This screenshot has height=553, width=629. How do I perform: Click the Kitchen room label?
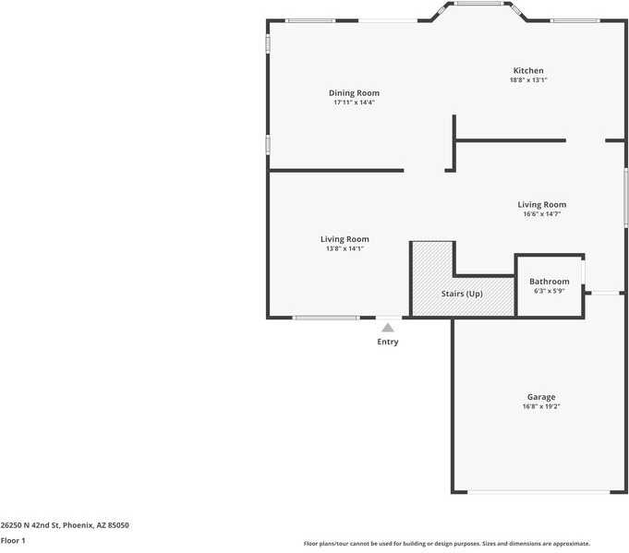(528, 70)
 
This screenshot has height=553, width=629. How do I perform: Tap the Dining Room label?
(354, 92)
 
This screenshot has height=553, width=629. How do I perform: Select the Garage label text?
(541, 397)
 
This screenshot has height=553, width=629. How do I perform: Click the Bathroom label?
(549, 282)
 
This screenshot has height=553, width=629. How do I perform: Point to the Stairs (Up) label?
(461, 294)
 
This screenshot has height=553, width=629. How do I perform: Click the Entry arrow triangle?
(388, 327)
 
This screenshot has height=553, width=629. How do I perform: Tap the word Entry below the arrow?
(388, 343)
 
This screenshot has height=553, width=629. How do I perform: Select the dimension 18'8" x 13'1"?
(528, 80)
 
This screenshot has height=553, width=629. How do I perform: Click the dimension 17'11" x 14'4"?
(354, 102)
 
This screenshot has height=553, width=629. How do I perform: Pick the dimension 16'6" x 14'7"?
(541, 214)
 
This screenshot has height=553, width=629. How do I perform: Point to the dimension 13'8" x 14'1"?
(345, 248)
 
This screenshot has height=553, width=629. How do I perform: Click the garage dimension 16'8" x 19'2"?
(541, 406)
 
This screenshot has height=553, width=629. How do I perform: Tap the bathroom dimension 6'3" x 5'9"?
(549, 291)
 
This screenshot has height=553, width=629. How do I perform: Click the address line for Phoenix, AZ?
(65, 524)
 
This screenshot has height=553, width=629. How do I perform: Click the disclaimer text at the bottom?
(447, 544)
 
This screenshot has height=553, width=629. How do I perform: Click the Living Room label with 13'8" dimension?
(345, 239)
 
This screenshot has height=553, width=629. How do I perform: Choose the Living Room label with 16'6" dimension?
(541, 204)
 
